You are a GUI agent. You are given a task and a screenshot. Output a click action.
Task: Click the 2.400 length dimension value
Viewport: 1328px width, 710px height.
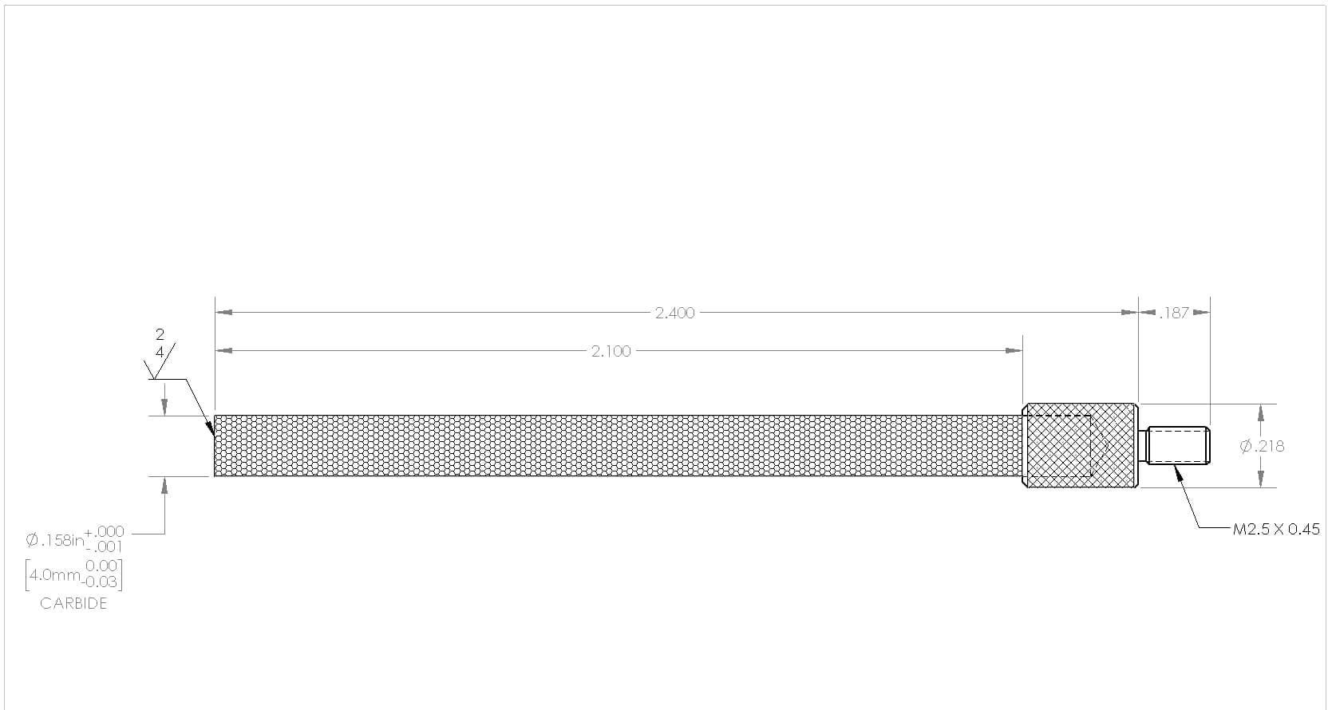[x=674, y=313]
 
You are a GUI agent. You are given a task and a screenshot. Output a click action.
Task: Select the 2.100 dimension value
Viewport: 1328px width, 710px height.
[x=611, y=352]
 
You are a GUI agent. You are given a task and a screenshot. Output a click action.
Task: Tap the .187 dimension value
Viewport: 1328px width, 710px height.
[x=1174, y=313]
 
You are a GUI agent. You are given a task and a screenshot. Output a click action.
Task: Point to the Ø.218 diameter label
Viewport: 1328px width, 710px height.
[x=1262, y=446]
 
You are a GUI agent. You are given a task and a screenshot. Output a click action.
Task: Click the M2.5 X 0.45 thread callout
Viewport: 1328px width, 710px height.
[x=1276, y=529]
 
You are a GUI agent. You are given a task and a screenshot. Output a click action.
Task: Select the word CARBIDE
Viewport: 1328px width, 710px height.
[x=73, y=603]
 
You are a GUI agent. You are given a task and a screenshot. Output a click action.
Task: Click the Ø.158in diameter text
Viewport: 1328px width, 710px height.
[x=55, y=540]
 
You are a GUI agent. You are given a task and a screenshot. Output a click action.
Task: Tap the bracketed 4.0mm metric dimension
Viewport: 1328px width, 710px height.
[x=73, y=574]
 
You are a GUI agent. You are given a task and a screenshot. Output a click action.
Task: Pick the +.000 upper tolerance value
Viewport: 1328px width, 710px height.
[x=105, y=531]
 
